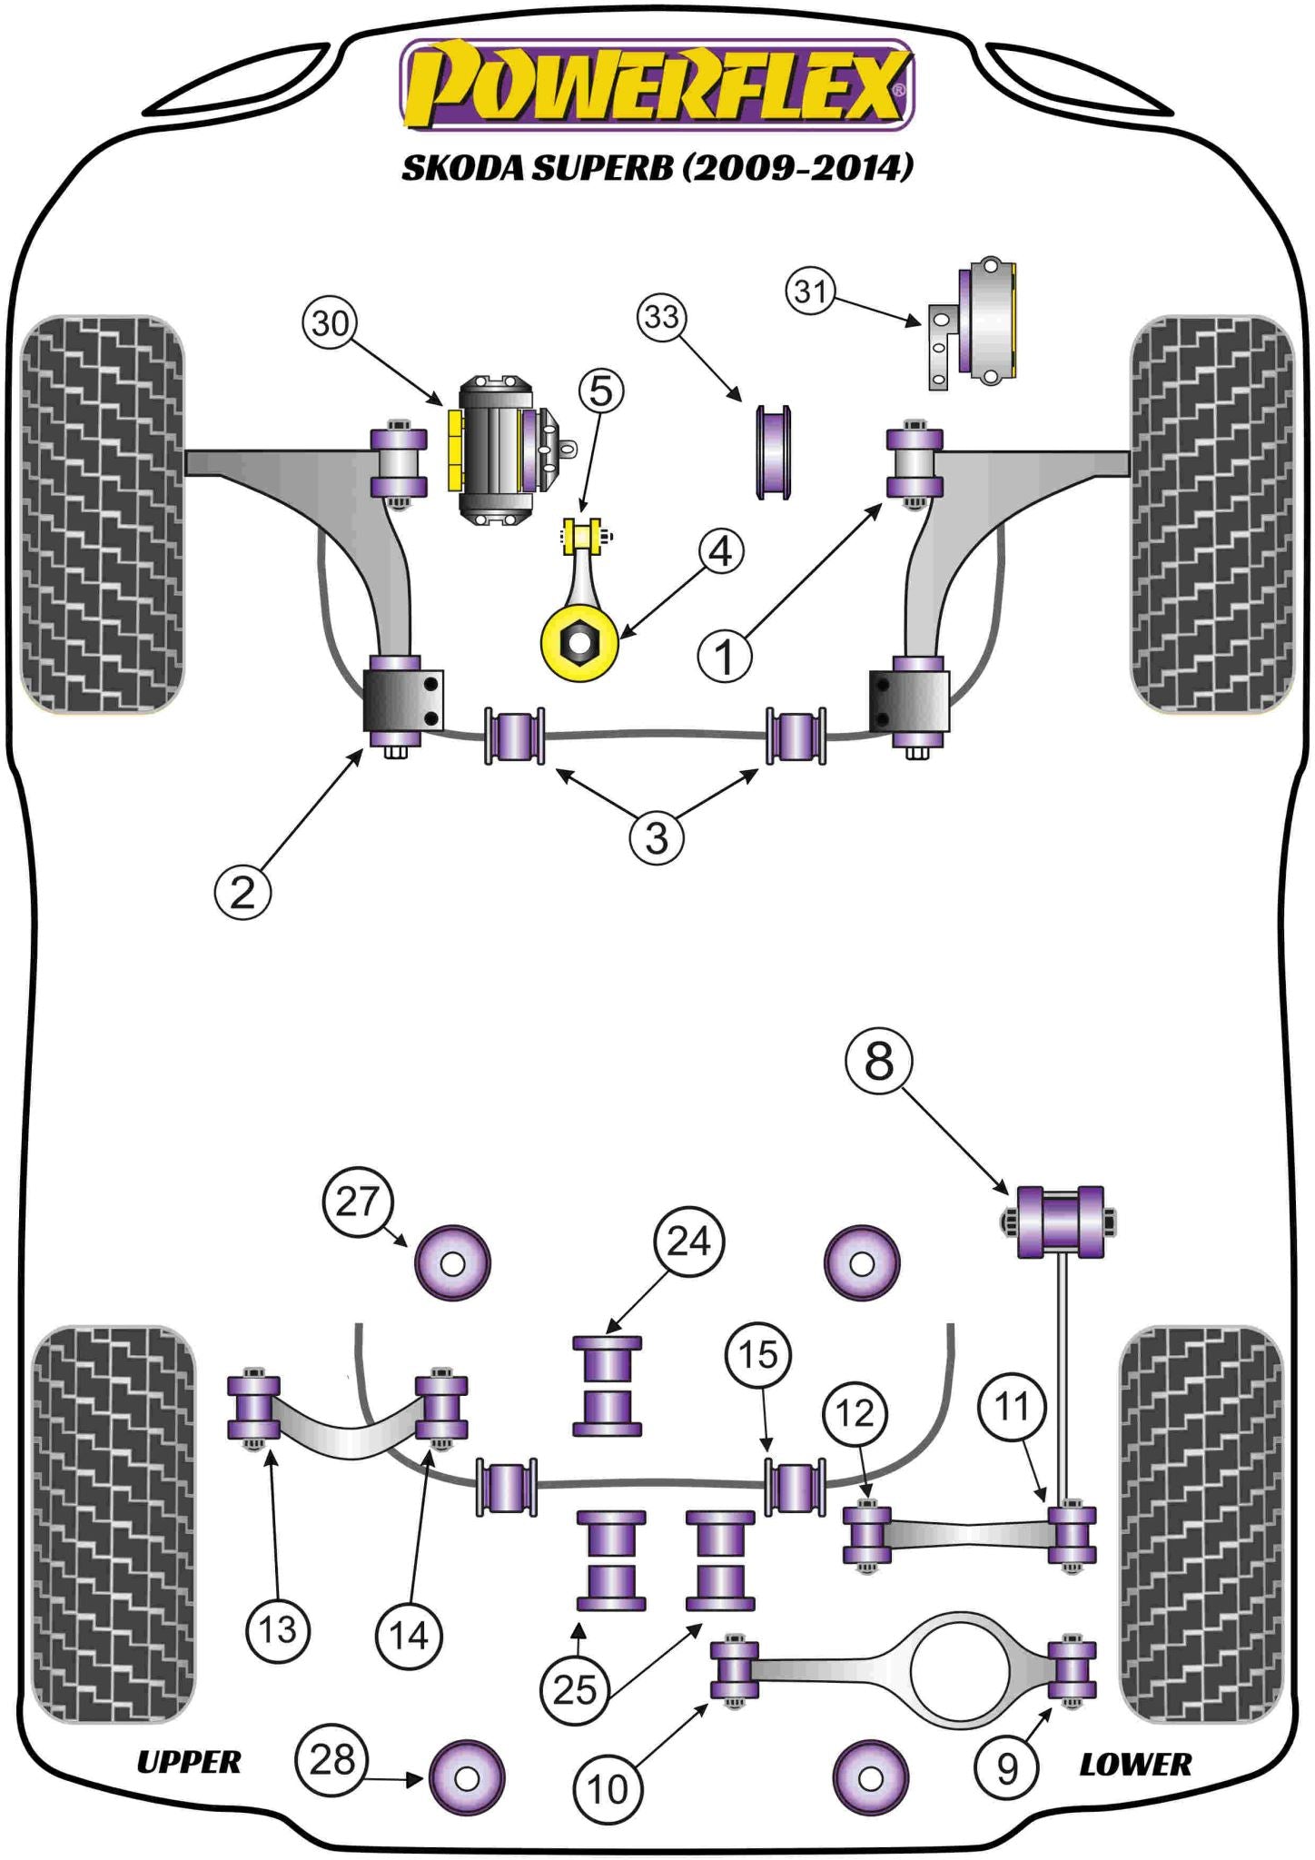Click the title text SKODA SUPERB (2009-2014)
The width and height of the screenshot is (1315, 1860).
point(657,167)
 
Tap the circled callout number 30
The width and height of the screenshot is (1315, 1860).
point(330,323)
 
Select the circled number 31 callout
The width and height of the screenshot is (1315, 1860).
point(810,291)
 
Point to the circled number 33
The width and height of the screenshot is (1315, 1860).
point(662,317)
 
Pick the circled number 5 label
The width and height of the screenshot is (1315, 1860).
point(601,391)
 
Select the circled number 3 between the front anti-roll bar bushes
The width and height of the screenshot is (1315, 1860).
point(656,836)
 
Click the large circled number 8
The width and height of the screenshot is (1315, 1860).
point(878,1060)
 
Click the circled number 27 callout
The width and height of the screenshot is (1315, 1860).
point(357,1202)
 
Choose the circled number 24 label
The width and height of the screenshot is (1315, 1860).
point(688,1241)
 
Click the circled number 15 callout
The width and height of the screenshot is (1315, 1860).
point(758,1355)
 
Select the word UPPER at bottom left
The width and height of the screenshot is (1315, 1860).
point(189,1762)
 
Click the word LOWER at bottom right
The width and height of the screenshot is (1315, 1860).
point(1135,1764)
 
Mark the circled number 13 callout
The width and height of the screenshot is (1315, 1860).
point(278,1629)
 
